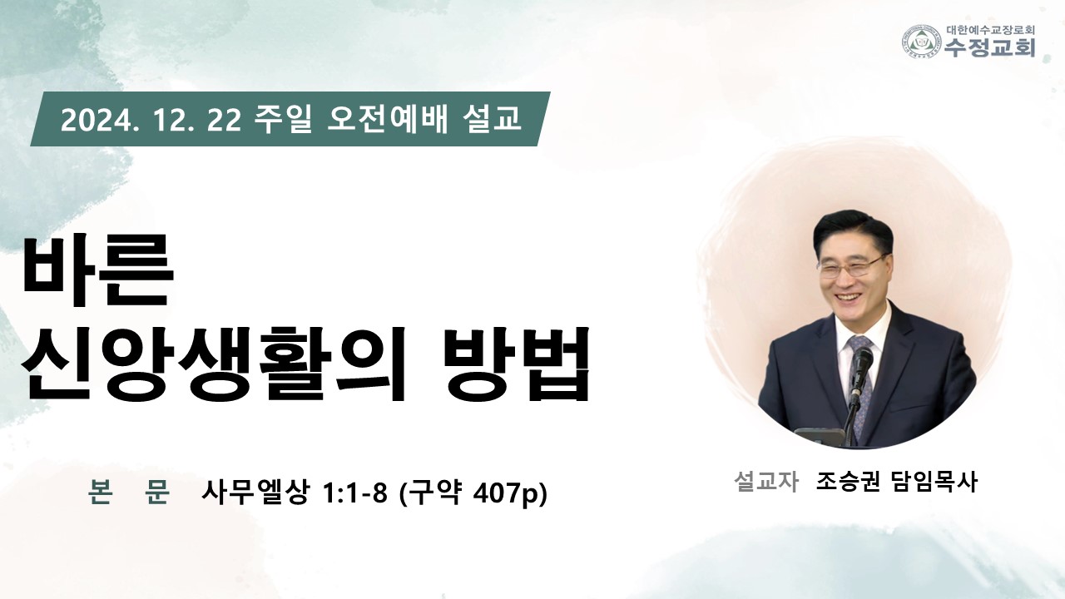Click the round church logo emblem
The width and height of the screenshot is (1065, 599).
click(923, 42)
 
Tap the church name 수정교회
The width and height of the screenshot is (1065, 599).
click(989, 47)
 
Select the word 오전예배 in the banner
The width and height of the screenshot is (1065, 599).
click(388, 119)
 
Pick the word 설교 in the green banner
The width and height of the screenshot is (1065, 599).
click(492, 119)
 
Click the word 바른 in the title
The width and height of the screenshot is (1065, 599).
click(97, 271)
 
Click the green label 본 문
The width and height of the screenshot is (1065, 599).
click(129, 493)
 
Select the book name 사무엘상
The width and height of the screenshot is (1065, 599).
click(255, 493)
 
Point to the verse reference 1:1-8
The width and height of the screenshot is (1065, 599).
click(354, 493)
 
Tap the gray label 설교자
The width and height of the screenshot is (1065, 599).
click(765, 482)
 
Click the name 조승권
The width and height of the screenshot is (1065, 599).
click(848, 482)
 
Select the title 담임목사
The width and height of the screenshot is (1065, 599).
click(935, 482)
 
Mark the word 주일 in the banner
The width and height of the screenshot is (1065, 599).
click(283, 119)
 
